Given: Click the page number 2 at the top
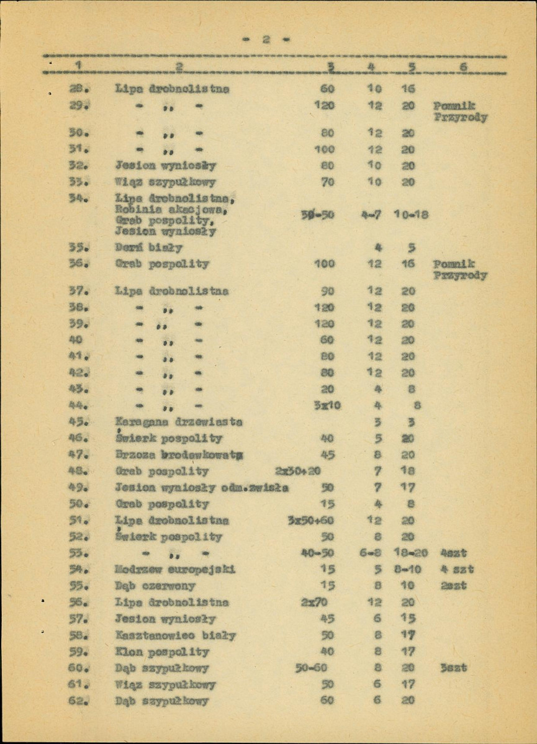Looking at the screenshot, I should coord(266,40).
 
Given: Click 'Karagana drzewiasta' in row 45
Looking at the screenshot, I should coord(178,423).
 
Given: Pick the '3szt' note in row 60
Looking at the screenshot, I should coord(454,668).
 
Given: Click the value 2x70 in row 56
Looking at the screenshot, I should coord(314,602).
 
